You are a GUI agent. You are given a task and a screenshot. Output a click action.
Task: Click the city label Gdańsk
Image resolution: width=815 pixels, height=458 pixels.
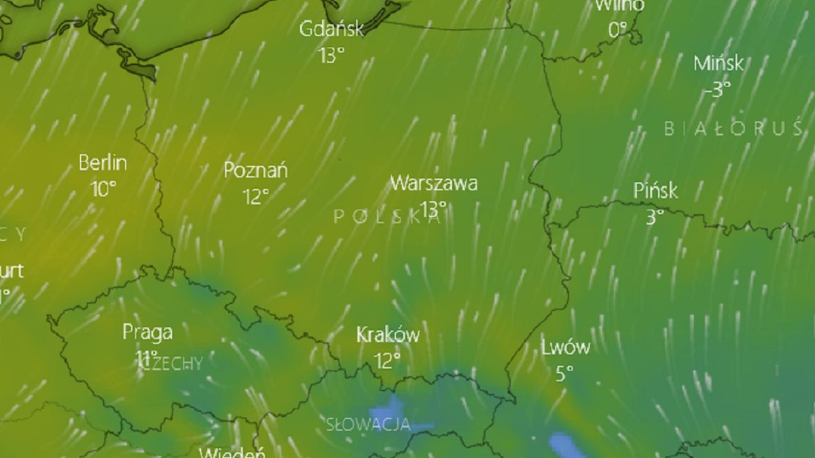point(331,29)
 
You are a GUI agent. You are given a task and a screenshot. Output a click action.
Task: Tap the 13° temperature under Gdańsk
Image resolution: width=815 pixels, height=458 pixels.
point(331,55)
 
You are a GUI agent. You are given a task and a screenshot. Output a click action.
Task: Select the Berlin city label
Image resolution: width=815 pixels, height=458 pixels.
point(103,164)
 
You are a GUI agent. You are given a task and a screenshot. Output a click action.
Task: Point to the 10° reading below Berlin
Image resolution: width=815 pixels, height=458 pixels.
point(103,189)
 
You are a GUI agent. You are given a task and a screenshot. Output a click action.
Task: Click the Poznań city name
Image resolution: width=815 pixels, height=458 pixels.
point(255,170)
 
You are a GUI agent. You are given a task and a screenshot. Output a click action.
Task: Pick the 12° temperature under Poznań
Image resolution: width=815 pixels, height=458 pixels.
point(255,197)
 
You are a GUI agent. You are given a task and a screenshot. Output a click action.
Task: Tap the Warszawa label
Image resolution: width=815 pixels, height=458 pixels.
point(433,183)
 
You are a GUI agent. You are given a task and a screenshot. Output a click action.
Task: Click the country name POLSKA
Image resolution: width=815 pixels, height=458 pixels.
point(387,216)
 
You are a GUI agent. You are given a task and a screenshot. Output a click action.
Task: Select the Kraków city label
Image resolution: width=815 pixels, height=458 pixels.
point(388,335)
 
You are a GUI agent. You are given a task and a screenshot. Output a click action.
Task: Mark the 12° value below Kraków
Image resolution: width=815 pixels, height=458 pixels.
point(387,360)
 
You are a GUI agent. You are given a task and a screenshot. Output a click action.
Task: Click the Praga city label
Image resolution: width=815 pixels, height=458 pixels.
point(147,332)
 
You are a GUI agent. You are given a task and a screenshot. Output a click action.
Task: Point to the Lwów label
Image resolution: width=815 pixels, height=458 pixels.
point(565,348)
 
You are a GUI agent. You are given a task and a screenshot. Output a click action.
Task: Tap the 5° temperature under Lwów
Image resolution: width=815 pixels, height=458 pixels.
point(564,374)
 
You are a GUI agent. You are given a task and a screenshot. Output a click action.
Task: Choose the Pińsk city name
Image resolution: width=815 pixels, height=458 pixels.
point(655,191)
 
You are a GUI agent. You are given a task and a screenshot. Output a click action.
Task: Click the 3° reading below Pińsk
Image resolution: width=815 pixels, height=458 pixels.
point(655,217)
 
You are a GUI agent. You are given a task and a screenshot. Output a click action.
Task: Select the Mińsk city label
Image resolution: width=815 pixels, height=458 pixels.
point(718,64)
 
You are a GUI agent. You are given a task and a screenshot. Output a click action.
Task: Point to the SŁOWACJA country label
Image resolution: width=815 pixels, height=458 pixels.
point(368,425)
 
